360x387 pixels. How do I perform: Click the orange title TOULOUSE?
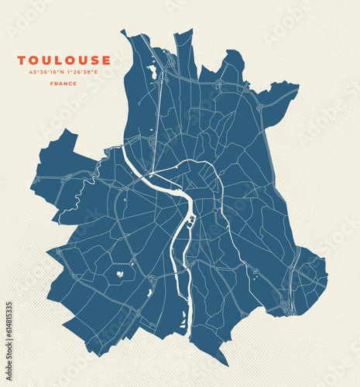click(x=63, y=60)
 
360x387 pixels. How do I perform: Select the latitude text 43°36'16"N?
click(x=46, y=72)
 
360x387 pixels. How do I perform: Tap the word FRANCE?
click(x=63, y=84)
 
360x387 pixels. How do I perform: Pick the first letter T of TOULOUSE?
click(x=22, y=60)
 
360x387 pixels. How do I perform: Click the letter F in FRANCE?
click(x=52, y=84)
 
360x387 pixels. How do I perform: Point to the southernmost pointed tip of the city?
click(x=226, y=365)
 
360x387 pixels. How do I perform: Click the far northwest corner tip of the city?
click(x=122, y=32)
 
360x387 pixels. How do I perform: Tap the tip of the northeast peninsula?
click(x=297, y=86)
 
